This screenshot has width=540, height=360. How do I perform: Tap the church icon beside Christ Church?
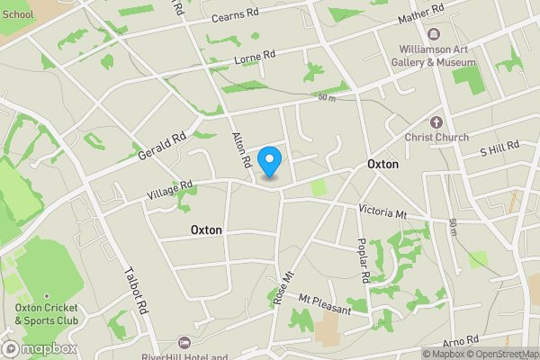436,121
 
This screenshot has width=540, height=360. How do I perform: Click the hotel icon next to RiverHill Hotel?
184,342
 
